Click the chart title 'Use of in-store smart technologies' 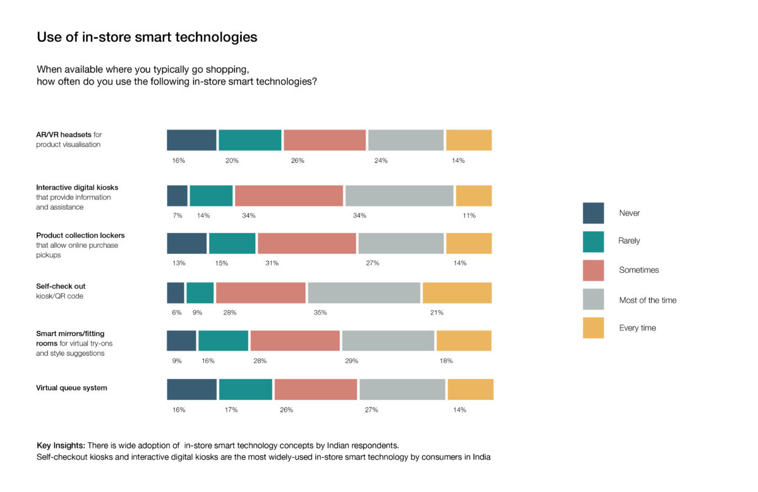[147, 37]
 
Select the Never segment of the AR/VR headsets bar [191, 140]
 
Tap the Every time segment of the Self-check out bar [457, 292]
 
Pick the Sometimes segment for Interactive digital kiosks [289, 196]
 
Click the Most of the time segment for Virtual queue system [402, 390]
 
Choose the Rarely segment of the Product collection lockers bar [232, 244]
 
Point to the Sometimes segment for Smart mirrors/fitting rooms [295, 340]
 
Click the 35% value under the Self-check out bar [320, 313]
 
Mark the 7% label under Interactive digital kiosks [177, 216]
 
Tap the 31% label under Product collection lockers [272, 263]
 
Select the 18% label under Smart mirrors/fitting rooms [446, 361]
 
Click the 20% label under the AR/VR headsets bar [232, 161]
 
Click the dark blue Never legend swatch [593, 213]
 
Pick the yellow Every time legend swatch [593, 328]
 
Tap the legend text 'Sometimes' [639, 270]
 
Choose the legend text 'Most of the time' [647, 301]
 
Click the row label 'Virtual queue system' [71, 388]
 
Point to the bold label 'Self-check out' [61, 287]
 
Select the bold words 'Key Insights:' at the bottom [61, 445]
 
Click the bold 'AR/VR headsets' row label [64, 135]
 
